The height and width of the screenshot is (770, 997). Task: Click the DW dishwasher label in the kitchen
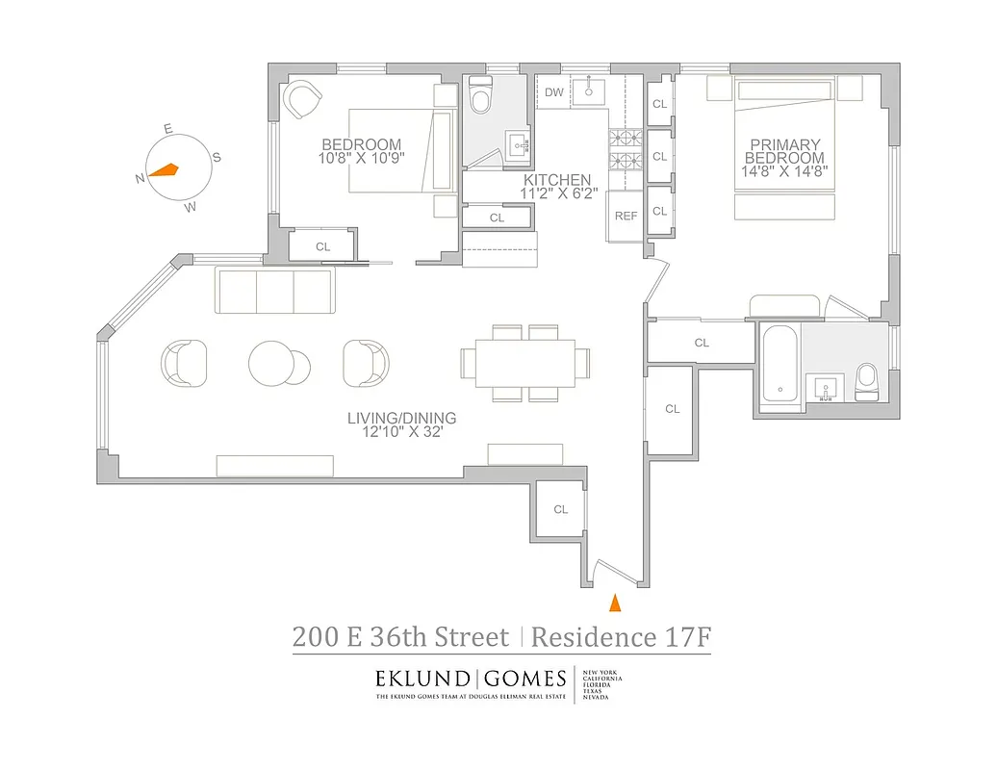pyautogui.click(x=553, y=92)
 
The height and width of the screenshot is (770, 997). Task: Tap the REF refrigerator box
pyautogui.click(x=626, y=217)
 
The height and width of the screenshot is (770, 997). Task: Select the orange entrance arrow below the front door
pyautogui.click(x=615, y=603)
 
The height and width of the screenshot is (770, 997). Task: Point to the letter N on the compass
pyautogui.click(x=141, y=178)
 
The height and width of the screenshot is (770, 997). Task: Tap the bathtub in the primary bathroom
pyautogui.click(x=779, y=367)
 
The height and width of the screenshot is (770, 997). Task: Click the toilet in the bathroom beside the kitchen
pyautogui.click(x=480, y=95)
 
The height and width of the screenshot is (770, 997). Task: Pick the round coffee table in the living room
pyautogui.click(x=271, y=362)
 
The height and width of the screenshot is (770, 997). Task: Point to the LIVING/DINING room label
pyautogui.click(x=401, y=419)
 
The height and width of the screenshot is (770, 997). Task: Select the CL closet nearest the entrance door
pyautogui.click(x=560, y=509)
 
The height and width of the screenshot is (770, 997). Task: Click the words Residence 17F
pyautogui.click(x=621, y=636)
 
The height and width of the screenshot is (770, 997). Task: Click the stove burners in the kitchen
pyautogui.click(x=621, y=151)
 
